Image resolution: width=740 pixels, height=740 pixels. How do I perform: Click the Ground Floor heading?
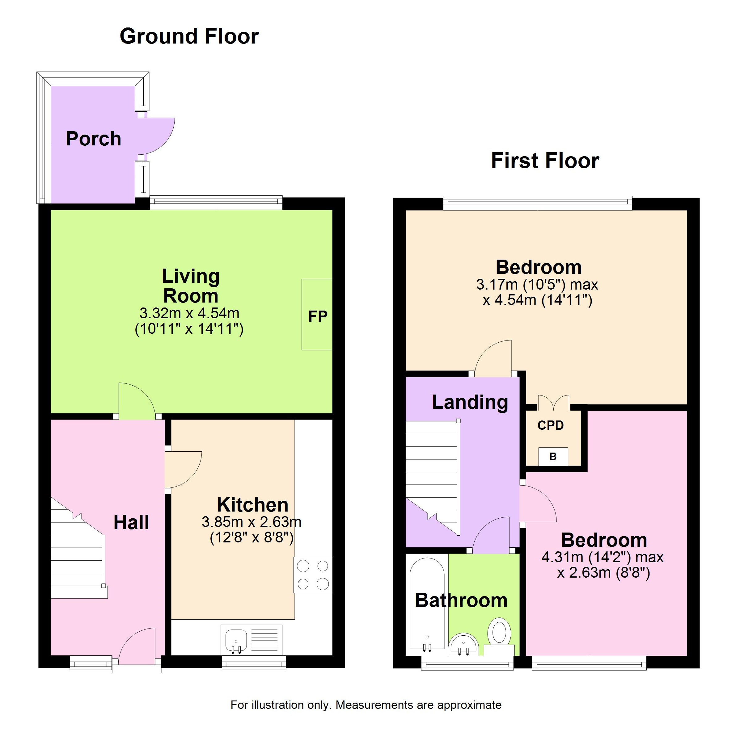point(189,36)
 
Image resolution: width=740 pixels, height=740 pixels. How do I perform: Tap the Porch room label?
point(93,138)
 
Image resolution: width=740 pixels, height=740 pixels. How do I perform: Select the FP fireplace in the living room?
point(317,315)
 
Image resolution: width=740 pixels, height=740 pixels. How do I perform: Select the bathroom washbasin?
point(463,645)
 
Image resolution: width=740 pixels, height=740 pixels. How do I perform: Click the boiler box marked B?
point(553,457)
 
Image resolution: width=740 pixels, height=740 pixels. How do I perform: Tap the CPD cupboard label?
point(551,425)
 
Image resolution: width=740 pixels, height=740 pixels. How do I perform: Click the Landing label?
point(470,402)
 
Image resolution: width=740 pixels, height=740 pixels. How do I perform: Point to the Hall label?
point(131,522)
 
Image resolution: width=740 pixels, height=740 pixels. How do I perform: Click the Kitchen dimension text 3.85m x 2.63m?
point(252,522)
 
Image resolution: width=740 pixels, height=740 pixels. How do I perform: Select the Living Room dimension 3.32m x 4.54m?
point(189,313)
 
